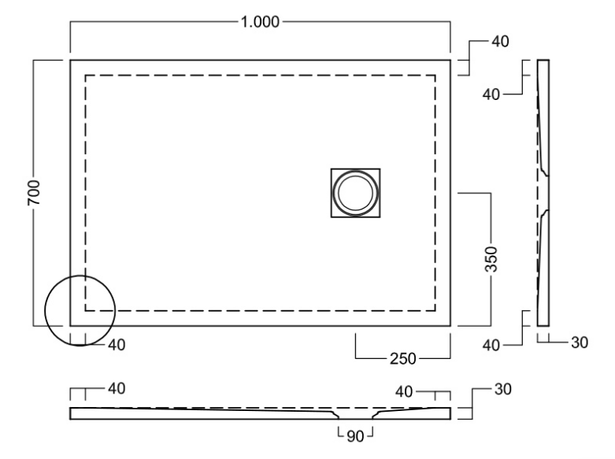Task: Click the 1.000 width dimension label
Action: pyautogui.click(x=261, y=22)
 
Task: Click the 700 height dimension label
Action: pyautogui.click(x=34, y=193)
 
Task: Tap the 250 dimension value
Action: pyautogui.click(x=402, y=359)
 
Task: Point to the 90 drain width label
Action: pyautogui.click(x=354, y=433)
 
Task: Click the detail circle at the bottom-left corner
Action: pyautogui.click(x=80, y=309)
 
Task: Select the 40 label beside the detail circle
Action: pyautogui.click(x=115, y=344)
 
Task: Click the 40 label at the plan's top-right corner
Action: pyautogui.click(x=499, y=42)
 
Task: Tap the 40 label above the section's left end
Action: pyautogui.click(x=115, y=388)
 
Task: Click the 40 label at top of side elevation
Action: pyautogui.click(x=491, y=94)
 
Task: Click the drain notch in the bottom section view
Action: pyautogui.click(x=354, y=416)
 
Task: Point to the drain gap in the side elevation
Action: pyautogui.click(x=544, y=192)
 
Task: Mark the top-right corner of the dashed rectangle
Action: pyautogui.click(x=435, y=76)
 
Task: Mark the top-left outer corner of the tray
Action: pyautogui.click(x=70, y=60)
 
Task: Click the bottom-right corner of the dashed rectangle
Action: pyautogui.click(x=435, y=310)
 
